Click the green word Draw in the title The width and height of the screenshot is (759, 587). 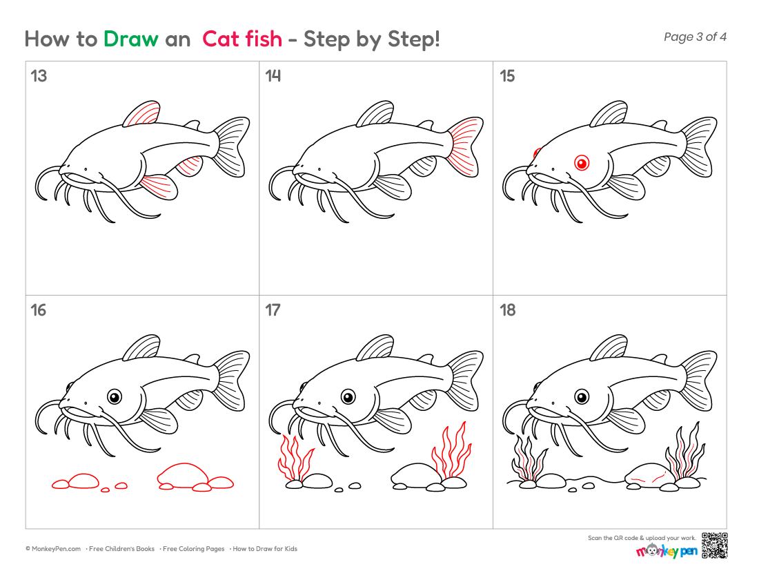click(130, 39)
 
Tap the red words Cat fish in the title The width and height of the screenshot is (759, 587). click(242, 39)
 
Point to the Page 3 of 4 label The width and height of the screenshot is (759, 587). click(695, 37)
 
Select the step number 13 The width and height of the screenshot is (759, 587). click(39, 76)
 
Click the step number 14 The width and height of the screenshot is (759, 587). click(273, 76)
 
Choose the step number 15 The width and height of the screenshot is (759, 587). click(507, 76)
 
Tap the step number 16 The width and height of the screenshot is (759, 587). click(39, 310)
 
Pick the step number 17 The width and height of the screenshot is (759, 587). click(273, 310)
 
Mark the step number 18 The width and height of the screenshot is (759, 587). click(508, 310)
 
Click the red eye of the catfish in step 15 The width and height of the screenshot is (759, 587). click(582, 163)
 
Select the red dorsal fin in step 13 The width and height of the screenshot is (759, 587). click(144, 115)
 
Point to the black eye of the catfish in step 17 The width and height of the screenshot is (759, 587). click(348, 397)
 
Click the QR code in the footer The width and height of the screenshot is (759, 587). click(715, 546)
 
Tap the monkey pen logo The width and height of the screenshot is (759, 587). click(667, 550)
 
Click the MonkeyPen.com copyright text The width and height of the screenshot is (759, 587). click(53, 549)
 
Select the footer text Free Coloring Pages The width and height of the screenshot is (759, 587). click(194, 549)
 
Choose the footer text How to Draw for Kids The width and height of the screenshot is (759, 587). click(265, 549)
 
